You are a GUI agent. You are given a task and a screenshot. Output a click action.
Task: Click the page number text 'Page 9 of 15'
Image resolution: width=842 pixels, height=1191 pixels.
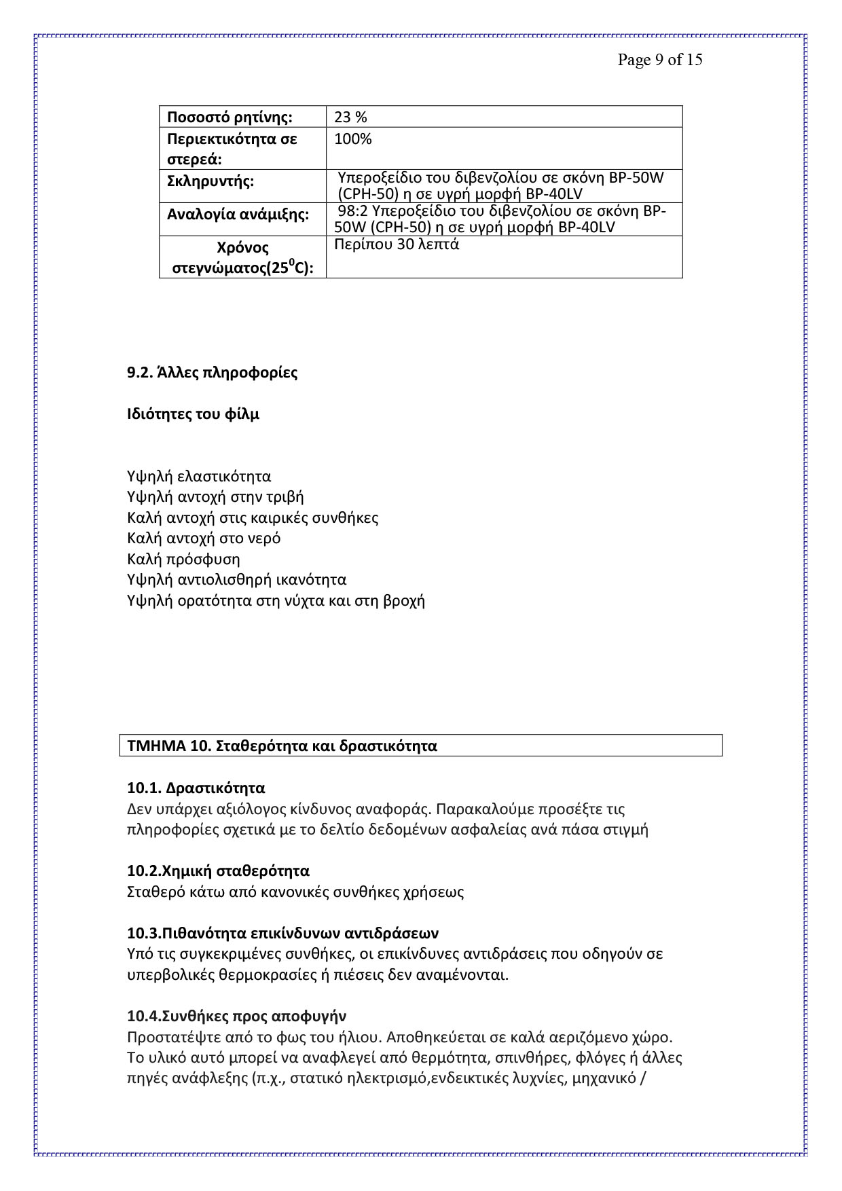(x=659, y=60)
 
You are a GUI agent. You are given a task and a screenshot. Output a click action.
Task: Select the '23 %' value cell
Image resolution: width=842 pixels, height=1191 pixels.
(x=350, y=117)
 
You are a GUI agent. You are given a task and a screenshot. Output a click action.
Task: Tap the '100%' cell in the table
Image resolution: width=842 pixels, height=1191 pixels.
(x=353, y=139)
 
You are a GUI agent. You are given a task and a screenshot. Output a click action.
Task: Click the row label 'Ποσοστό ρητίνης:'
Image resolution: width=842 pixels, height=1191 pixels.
(x=230, y=117)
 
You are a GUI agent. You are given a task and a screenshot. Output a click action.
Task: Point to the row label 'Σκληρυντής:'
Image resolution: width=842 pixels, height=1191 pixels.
(x=210, y=182)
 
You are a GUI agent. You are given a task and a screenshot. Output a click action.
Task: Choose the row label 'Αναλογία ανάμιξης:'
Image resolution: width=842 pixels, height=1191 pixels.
(x=238, y=215)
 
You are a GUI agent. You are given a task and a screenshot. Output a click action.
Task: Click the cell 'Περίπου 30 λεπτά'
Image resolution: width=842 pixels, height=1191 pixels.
(x=397, y=244)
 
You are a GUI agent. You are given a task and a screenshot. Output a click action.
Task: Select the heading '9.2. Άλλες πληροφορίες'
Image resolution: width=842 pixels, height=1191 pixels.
(x=212, y=373)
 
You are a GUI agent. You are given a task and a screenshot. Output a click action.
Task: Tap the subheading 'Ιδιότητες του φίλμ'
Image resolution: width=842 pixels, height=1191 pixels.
(x=193, y=414)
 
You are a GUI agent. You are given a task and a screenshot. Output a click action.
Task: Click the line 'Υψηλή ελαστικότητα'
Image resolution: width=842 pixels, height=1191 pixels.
(x=199, y=476)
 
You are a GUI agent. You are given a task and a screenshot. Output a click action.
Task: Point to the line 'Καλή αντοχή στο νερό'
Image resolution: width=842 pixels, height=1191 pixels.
(x=204, y=538)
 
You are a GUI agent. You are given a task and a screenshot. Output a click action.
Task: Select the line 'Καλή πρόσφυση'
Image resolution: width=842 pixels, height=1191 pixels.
(x=183, y=560)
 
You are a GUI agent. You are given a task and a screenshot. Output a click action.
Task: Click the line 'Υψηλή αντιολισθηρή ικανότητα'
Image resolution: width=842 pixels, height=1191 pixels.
(x=236, y=580)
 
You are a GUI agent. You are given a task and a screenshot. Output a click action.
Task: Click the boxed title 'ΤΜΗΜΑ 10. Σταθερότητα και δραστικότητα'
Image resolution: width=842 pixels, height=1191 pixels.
(x=282, y=746)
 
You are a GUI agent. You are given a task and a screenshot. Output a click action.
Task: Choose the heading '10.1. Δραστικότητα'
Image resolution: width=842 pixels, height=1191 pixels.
(x=196, y=788)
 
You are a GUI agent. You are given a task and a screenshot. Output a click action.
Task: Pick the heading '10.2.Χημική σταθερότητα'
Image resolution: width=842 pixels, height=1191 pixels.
(x=218, y=871)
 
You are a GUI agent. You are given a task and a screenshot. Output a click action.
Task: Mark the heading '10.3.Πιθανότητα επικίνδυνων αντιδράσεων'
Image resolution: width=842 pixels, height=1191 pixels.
(x=282, y=932)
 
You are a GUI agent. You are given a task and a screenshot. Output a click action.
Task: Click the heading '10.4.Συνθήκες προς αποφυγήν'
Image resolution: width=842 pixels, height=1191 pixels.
(x=236, y=1016)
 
